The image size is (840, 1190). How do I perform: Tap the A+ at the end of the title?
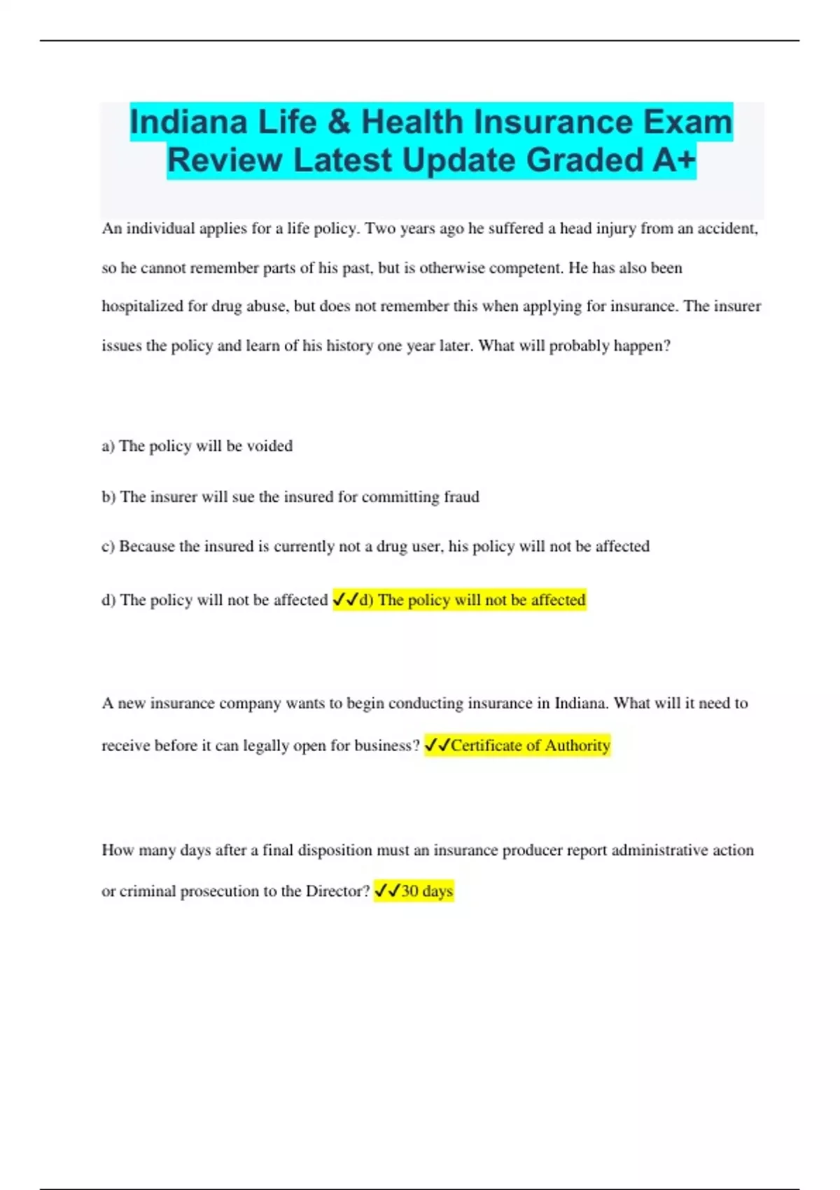(x=674, y=160)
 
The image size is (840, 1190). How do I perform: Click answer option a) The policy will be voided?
(x=197, y=446)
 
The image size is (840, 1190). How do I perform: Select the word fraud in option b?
(x=461, y=497)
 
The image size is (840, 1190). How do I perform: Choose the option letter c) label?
(x=108, y=547)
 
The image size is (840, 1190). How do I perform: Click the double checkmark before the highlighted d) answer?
(x=346, y=600)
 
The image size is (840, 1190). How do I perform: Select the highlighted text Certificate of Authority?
(x=531, y=745)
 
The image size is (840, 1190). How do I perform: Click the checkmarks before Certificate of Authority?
(x=437, y=745)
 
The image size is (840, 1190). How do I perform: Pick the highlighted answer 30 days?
(x=427, y=891)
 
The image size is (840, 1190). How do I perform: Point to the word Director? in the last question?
(x=337, y=891)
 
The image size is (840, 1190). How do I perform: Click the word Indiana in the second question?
(x=580, y=703)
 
